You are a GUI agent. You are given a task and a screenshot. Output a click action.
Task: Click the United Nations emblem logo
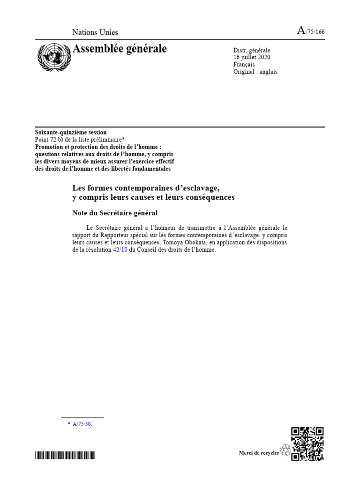pos(53,56)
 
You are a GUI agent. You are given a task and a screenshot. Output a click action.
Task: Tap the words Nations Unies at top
pos(95,32)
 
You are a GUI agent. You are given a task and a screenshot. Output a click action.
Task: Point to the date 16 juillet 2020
pos(252,57)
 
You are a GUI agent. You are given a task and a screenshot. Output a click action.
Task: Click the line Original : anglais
pos(255,72)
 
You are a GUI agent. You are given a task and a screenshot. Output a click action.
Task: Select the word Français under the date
pos(244,64)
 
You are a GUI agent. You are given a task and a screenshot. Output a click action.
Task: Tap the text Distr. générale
pos(252,50)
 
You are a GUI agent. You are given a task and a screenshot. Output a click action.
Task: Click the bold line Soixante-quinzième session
pos(71,133)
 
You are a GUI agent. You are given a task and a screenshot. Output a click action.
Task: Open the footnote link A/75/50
pos(82,424)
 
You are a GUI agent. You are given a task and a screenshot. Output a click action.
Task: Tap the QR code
pos(307,443)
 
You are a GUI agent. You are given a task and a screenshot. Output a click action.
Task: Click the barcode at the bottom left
pos(65,455)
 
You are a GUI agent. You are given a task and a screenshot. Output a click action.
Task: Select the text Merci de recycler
pos(259,452)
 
